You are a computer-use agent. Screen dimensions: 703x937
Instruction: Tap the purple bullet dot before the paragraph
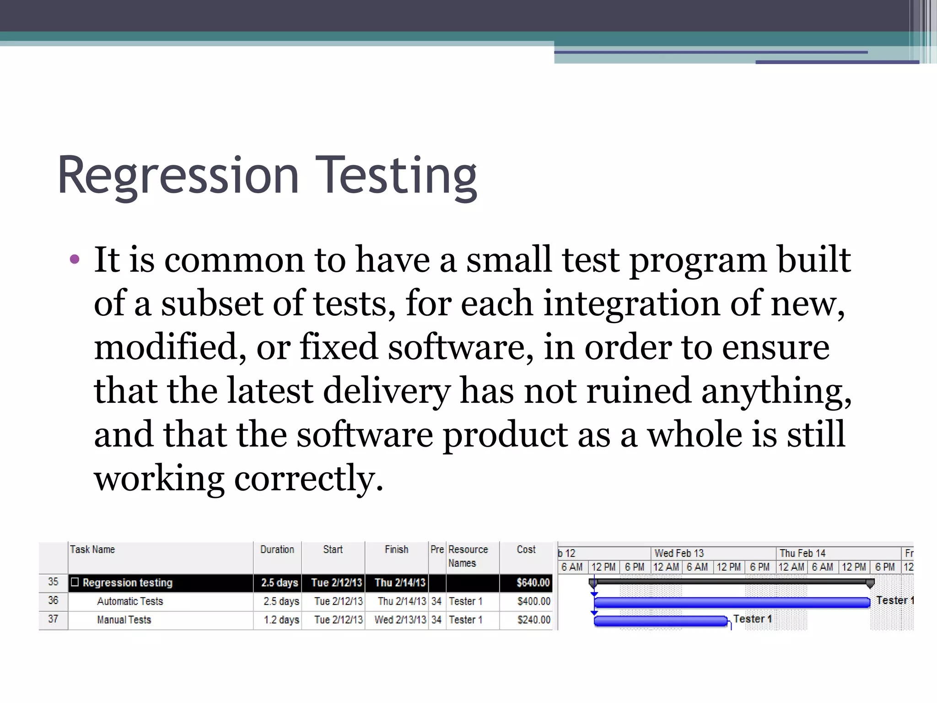[75, 260]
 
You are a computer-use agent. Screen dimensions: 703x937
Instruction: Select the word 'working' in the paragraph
[159, 478]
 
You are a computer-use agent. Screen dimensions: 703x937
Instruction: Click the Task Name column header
[92, 550]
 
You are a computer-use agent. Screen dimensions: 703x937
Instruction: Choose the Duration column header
[277, 550]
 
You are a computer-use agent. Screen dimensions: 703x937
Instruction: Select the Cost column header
[526, 550]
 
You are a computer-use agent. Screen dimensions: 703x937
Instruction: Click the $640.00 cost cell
[533, 583]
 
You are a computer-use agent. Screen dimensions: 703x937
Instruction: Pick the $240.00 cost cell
[533, 620]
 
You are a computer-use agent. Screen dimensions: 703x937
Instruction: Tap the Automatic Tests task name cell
[130, 601]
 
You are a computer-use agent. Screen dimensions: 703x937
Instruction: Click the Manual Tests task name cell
[124, 620]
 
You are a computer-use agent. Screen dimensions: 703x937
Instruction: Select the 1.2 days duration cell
[281, 620]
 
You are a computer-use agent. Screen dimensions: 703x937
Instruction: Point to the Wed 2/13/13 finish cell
[400, 620]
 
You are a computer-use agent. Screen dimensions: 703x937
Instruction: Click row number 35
[53, 582]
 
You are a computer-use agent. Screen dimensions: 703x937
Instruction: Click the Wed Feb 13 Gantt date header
[679, 553]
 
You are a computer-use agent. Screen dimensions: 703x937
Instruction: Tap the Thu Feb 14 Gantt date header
[802, 553]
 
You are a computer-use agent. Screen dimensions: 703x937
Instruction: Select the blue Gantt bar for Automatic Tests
[732, 602]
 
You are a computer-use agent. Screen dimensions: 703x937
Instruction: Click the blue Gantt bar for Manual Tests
[660, 621]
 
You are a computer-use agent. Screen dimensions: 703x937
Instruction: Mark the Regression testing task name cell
[128, 583]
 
